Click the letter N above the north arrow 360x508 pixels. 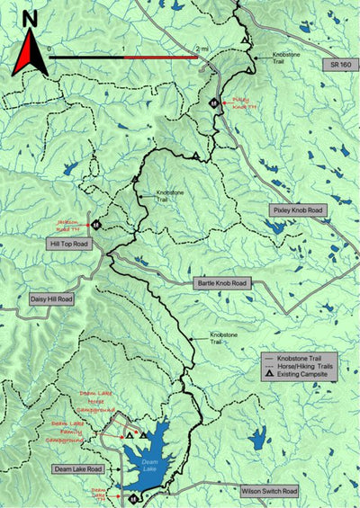click(30, 17)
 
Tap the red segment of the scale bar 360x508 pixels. click(159, 57)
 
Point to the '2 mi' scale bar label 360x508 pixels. click(199, 47)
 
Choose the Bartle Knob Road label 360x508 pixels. click(221, 283)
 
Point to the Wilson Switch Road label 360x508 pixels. click(268, 492)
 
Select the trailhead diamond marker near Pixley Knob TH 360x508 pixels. click(212, 102)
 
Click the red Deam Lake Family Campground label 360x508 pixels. click(68, 430)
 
